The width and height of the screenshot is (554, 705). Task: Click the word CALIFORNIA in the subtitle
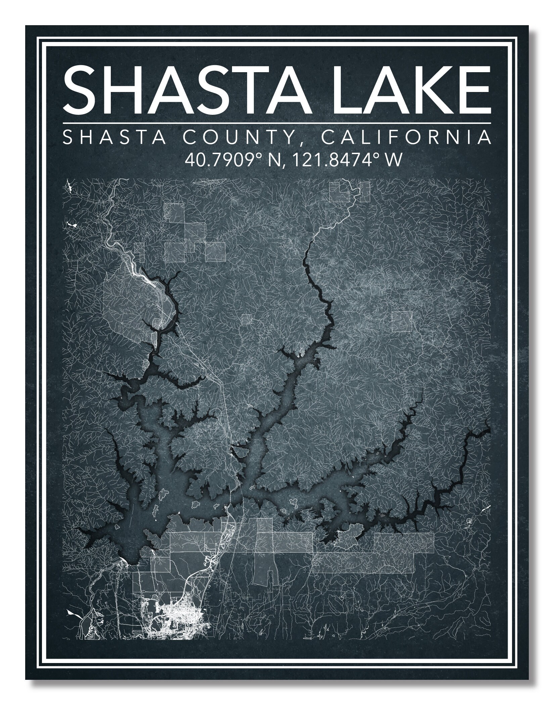tap(406, 138)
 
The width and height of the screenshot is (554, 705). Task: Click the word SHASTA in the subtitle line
tap(114, 138)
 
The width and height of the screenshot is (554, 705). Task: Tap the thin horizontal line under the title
tap(277, 123)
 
